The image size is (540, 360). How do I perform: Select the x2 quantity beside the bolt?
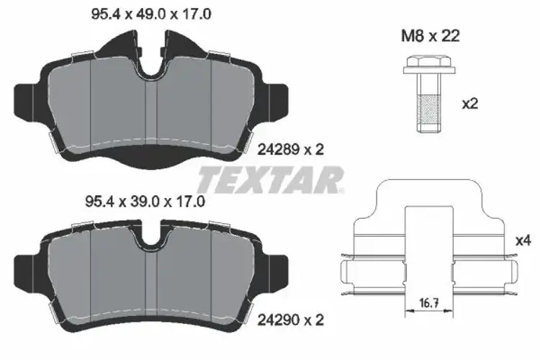(x=469, y=104)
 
